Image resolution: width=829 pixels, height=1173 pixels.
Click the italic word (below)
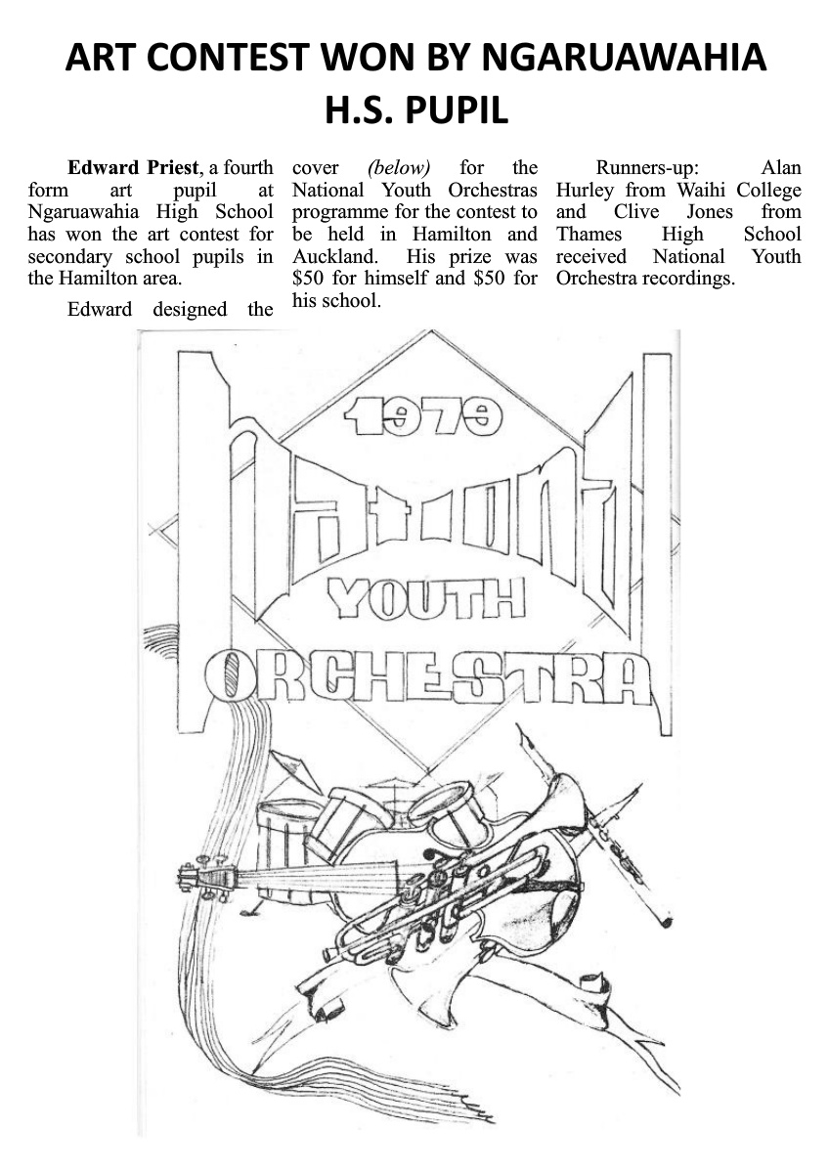click(x=398, y=167)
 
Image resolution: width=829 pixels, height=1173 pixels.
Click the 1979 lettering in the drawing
click(x=422, y=418)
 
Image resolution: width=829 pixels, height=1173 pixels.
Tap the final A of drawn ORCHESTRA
click(x=631, y=679)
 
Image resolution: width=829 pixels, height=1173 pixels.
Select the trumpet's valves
click(x=430, y=894)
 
